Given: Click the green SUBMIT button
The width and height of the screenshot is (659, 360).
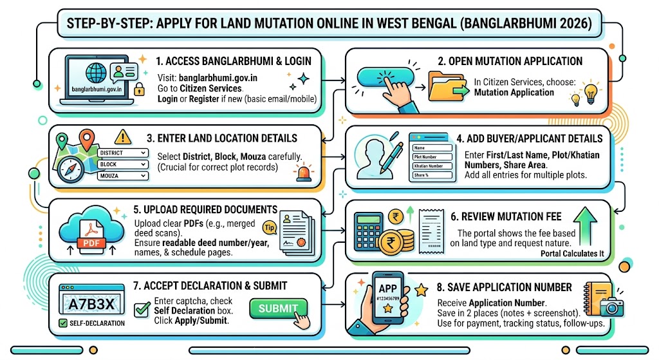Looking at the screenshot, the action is tap(278, 308).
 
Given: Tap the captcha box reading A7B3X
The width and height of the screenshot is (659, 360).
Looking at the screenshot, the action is tap(91, 303).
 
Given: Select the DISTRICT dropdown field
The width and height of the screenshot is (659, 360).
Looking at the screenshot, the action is tap(123, 153).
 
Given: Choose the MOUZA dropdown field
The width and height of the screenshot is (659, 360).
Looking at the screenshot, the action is tap(123, 176).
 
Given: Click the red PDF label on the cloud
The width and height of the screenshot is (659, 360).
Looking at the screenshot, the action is tap(91, 243).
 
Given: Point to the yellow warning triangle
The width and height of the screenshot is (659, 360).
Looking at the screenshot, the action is tap(122, 137).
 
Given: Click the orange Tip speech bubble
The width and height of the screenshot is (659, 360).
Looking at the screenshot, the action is tap(270, 227).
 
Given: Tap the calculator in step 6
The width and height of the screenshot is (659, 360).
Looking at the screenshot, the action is tap(369, 232).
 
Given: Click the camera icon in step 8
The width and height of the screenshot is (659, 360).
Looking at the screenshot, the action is tap(611, 307).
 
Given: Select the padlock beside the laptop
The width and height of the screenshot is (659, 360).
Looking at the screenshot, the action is tap(139, 89).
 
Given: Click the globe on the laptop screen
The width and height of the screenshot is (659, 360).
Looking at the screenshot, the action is tap(96, 73).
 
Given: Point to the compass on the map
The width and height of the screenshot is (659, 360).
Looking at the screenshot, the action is tap(70, 169).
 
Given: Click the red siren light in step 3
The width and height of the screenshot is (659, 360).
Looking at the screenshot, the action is tap(304, 173).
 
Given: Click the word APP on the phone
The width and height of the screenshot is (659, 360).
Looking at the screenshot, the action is tap(387, 289).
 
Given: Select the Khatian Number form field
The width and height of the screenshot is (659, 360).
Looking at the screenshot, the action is tap(432, 166).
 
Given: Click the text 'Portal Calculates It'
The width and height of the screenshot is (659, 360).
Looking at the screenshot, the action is tap(572, 254).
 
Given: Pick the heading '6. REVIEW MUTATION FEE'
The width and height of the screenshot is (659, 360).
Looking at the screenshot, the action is tap(506, 216).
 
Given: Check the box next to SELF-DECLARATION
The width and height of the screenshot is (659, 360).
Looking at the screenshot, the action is tap(63, 323).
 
